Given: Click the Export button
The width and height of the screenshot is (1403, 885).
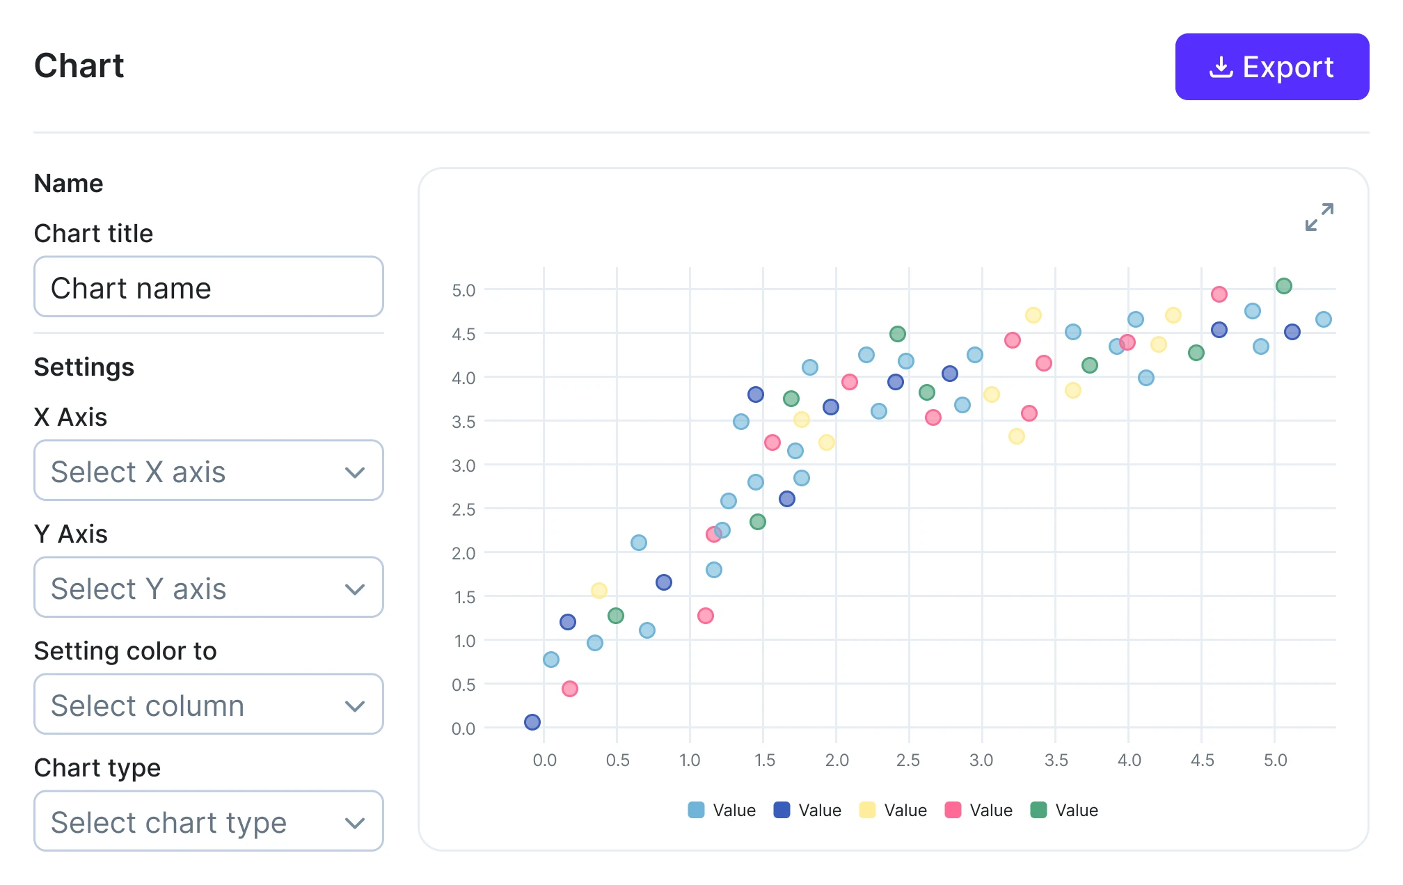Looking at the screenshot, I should click(1271, 67).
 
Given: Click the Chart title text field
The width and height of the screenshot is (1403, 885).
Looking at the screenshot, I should click(208, 287).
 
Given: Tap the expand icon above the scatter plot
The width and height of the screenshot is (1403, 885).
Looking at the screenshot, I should click(1319, 217).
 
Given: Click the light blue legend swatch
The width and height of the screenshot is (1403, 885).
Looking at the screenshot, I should click(696, 810).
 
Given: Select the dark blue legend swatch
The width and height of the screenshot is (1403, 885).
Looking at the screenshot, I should click(782, 810).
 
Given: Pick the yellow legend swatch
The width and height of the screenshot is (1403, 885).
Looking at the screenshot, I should click(867, 810).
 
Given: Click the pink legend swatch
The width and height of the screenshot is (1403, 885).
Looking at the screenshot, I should click(953, 810).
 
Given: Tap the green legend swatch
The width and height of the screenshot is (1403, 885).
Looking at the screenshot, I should click(1038, 810).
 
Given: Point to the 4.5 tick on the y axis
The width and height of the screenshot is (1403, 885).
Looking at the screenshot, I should click(463, 335).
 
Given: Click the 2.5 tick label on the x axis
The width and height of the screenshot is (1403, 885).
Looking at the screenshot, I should click(908, 760).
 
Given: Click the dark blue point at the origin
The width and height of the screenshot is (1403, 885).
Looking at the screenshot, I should click(532, 722).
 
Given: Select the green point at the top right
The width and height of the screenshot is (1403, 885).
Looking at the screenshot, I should click(1284, 286).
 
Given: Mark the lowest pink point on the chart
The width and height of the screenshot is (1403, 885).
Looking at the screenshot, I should click(570, 689).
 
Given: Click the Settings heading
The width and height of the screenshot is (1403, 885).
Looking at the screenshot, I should click(84, 367).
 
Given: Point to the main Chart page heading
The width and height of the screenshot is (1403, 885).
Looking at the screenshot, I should click(79, 66).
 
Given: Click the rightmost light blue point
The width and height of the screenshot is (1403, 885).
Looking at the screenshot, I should click(1324, 319).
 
